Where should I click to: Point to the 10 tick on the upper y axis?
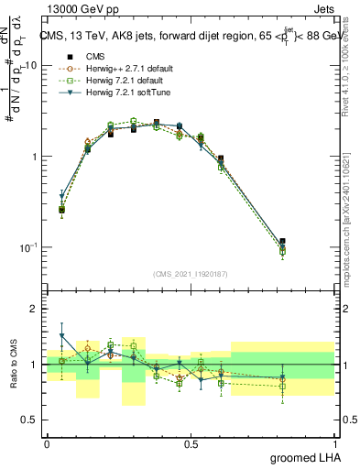[x=30, y=66]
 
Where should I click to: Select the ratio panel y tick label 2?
[x=35, y=309]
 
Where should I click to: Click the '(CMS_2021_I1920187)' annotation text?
[x=191, y=274]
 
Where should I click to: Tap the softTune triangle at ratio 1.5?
[x=61, y=336]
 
